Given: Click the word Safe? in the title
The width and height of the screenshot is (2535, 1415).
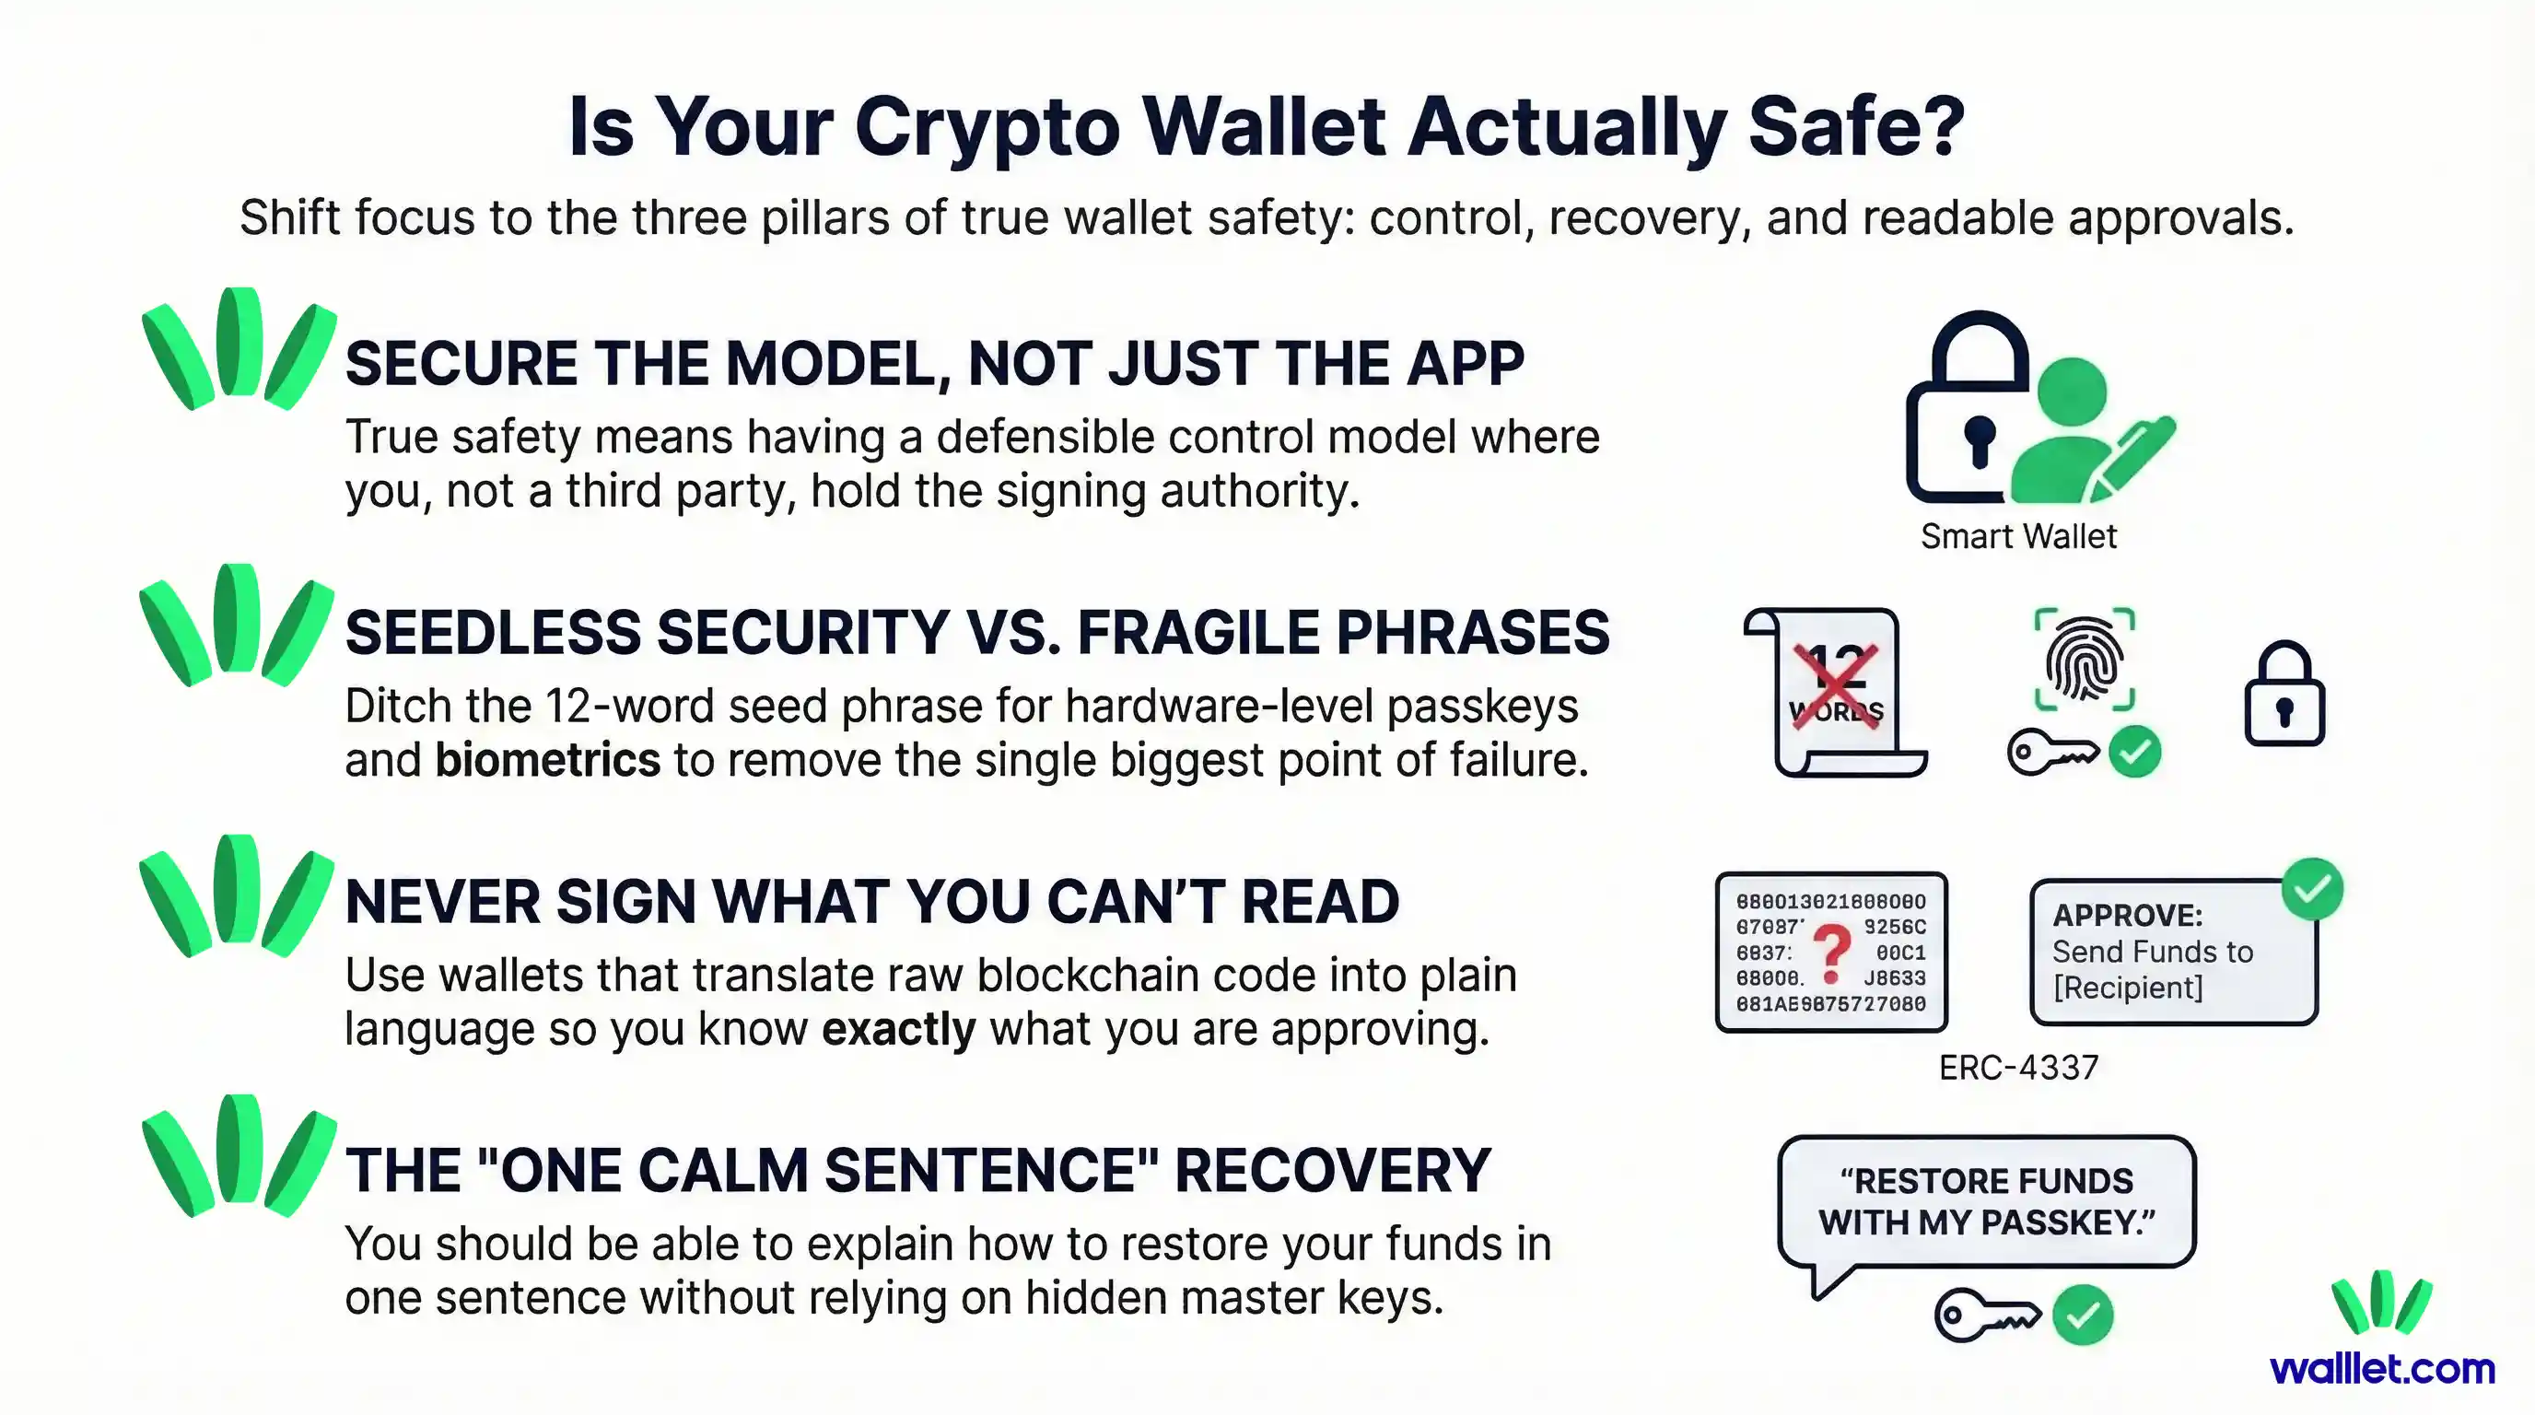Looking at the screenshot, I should point(1856,128).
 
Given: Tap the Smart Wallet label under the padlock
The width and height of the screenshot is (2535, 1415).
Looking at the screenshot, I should point(2017,536).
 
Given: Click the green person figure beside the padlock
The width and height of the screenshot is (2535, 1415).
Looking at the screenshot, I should point(2073,433).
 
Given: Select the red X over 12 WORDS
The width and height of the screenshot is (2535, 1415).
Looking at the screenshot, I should point(1834,686).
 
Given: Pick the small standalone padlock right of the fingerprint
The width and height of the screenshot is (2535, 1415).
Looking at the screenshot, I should point(2284,696).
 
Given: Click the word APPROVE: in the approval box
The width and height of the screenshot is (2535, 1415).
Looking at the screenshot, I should point(2127,915).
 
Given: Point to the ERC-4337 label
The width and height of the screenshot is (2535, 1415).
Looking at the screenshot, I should point(2017,1068).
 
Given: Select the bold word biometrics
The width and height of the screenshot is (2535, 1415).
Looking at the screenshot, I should point(547,761).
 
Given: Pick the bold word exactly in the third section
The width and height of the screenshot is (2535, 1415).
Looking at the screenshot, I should point(897,1029).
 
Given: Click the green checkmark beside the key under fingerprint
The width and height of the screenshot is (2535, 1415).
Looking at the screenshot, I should point(2134,753).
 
